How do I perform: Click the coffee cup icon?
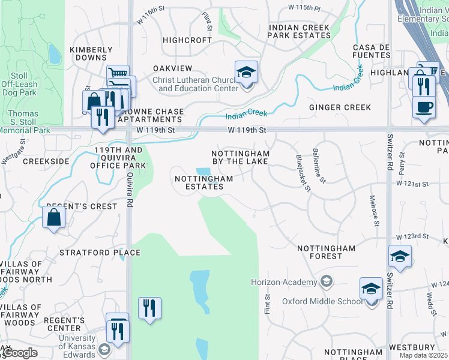(x=423, y=107)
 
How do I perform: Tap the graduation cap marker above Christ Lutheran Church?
(x=246, y=73)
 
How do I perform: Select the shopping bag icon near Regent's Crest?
(x=54, y=218)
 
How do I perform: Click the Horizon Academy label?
(x=284, y=282)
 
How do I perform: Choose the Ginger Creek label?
(x=340, y=107)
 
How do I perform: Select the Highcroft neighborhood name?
(x=187, y=40)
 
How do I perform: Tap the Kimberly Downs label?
(x=91, y=54)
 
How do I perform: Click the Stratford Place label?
(x=100, y=253)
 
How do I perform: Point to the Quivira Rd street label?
(x=129, y=187)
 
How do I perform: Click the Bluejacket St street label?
(x=303, y=173)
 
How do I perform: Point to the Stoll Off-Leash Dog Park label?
(x=19, y=84)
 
